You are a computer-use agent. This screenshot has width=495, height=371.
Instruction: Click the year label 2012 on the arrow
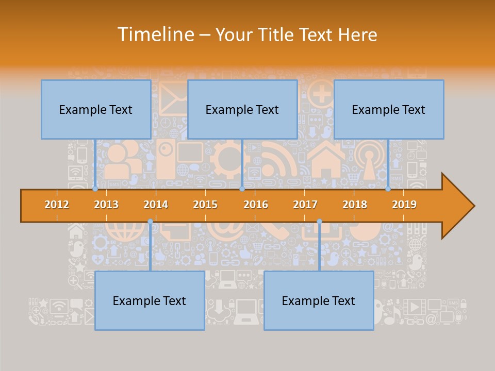tap(57, 205)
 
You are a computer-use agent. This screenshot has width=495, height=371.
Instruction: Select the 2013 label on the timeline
tap(106, 205)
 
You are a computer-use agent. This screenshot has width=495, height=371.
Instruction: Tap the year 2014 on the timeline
tap(156, 205)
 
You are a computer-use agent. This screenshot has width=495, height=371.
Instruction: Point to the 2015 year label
tap(205, 205)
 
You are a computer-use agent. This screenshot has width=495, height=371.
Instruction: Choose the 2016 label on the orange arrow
tap(256, 205)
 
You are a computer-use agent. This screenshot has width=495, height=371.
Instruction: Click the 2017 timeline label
tap(305, 205)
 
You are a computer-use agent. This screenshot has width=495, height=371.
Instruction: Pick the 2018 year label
tap(355, 205)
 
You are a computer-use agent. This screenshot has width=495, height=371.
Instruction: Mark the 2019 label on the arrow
tap(404, 205)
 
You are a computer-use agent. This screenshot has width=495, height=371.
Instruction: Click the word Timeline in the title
tap(155, 35)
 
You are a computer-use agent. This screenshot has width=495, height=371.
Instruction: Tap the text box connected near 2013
tap(96, 109)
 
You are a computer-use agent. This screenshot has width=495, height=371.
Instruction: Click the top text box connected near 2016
tap(242, 109)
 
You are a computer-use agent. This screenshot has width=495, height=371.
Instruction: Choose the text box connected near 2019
tap(389, 109)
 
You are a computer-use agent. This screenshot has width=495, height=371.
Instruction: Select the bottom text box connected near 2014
tap(150, 300)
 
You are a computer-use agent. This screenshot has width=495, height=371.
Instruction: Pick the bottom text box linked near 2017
tap(319, 300)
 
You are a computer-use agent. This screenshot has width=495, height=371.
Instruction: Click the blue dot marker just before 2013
tap(95, 189)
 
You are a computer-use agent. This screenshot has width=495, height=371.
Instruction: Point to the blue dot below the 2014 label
tap(150, 222)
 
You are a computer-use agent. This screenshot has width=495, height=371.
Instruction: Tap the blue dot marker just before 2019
tap(388, 189)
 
